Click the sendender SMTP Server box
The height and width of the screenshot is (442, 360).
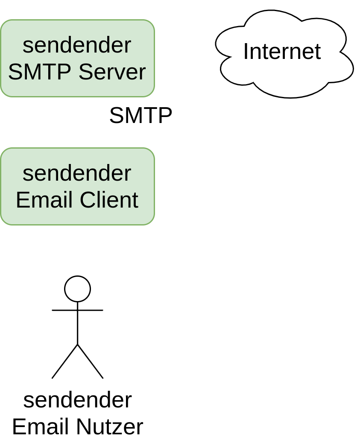(77, 58)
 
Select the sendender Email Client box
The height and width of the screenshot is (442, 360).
(77, 186)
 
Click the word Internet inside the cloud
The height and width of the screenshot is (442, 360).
(282, 52)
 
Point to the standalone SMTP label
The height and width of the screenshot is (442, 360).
(140, 115)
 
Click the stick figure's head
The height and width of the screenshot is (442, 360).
(77, 289)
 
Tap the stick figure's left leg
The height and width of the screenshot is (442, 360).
(65, 361)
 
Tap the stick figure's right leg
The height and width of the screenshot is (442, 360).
(90, 361)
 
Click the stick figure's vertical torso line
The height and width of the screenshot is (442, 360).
(77, 327)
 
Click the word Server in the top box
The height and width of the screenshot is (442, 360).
(112, 72)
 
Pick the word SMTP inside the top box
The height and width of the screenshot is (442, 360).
(39, 72)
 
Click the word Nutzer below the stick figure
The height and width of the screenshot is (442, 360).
(109, 427)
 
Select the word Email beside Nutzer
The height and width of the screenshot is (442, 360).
(41, 427)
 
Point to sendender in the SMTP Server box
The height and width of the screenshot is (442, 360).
(77, 45)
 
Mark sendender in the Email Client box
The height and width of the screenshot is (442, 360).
(77, 173)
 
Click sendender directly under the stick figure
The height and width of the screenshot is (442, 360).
(77, 400)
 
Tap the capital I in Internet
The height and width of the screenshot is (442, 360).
(246, 52)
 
